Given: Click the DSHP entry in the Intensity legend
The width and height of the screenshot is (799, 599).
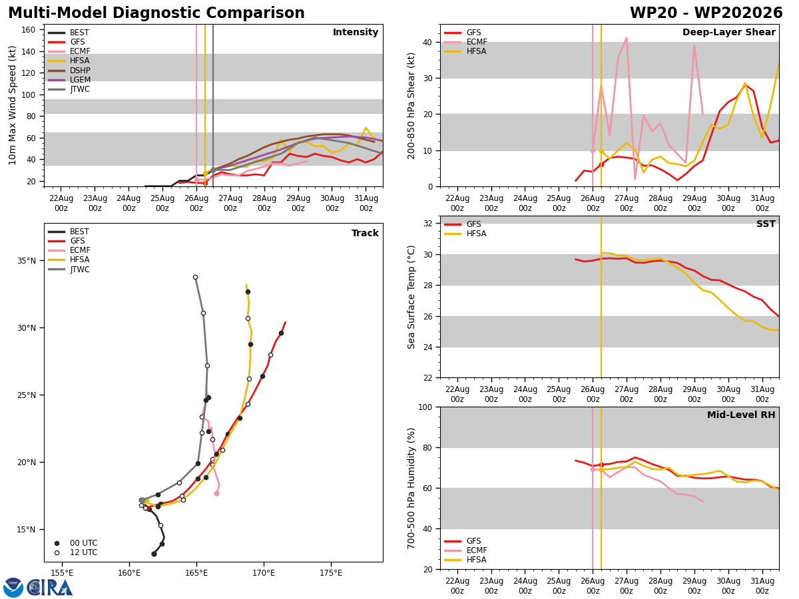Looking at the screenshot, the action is click(69, 70).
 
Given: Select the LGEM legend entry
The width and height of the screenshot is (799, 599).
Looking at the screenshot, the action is click(69, 80).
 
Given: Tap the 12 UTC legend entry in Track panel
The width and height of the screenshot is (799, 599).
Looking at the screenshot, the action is click(76, 552).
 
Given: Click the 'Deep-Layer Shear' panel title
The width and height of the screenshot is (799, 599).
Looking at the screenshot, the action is click(728, 32).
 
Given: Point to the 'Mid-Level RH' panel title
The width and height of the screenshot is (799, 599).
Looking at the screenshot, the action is click(741, 415).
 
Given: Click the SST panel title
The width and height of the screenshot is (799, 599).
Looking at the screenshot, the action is click(766, 224).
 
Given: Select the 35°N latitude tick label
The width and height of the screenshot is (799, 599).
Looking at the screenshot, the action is click(27, 261).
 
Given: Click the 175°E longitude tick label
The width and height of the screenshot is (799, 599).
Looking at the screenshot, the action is click(331, 573).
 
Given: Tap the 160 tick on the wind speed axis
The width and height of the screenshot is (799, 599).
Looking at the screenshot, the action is click(28, 30).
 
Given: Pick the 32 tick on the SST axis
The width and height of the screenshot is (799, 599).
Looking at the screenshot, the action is click(428, 224).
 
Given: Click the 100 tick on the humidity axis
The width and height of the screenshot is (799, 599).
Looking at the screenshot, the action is click(425, 407).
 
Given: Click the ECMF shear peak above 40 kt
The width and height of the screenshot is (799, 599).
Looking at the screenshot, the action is click(627, 37).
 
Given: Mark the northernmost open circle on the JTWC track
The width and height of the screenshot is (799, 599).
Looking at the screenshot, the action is click(196, 277).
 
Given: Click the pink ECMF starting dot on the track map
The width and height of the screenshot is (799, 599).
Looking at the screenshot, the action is click(216, 494).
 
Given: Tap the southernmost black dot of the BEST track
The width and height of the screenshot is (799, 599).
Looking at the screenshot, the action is click(154, 554).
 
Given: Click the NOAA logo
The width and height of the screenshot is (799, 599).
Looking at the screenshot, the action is click(13, 588).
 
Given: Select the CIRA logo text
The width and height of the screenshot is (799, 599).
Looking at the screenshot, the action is click(49, 588).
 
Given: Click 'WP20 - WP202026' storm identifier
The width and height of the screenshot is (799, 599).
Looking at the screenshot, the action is click(706, 13).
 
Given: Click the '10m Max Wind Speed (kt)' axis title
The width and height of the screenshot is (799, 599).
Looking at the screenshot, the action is click(12, 105).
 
